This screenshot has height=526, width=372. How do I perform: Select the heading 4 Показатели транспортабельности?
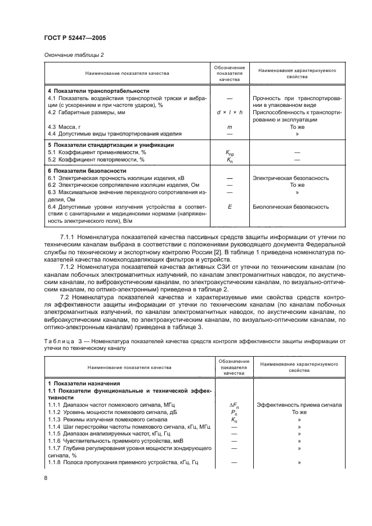[98, 91]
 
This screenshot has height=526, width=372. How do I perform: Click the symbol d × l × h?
[229, 113]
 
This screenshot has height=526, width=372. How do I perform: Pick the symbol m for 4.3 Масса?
[229, 127]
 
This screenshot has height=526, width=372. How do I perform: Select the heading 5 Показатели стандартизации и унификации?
[110, 145]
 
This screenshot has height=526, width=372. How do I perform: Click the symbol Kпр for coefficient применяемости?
[229, 152]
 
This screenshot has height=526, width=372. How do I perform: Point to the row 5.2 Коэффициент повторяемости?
[96, 159]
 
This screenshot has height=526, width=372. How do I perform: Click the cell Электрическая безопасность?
[291, 178]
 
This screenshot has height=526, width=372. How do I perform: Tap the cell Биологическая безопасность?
[291, 206]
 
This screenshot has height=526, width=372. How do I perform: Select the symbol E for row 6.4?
[229, 206]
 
